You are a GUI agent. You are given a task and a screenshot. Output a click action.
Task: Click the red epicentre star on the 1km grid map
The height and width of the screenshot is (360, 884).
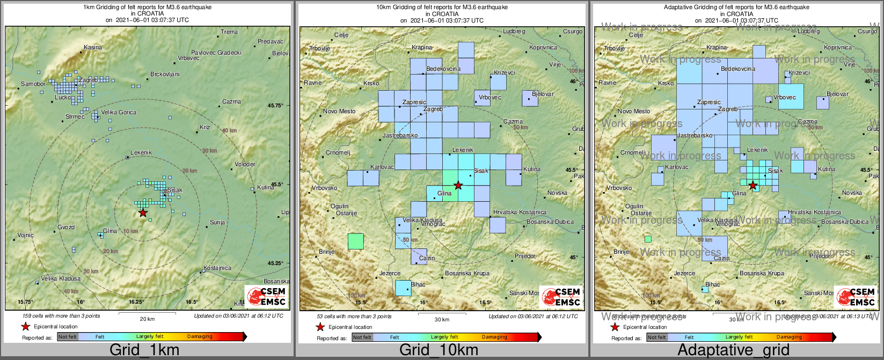(x=142, y=212)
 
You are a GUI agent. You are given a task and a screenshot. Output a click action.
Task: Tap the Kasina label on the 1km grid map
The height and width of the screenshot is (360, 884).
(x=93, y=48)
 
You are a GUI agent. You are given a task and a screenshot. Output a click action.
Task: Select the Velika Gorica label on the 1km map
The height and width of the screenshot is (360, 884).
(x=119, y=113)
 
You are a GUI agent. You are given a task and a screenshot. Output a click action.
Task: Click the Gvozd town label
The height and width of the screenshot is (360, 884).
(x=66, y=227)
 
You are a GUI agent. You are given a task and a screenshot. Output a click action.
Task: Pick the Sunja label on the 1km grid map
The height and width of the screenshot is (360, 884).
(x=217, y=222)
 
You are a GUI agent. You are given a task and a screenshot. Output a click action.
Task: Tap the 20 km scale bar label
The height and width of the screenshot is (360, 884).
(x=147, y=319)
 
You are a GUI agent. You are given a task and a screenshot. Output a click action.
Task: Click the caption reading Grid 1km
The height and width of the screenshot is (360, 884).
(x=144, y=350)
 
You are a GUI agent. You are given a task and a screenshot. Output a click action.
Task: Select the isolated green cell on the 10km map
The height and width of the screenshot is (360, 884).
(x=355, y=241)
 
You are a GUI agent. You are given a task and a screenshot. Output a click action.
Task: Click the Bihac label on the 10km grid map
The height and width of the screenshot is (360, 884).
(x=418, y=284)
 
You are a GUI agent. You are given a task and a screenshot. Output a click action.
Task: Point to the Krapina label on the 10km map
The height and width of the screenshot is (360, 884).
(x=422, y=48)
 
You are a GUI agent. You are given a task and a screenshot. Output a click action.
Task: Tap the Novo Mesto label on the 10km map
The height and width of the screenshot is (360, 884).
(x=339, y=112)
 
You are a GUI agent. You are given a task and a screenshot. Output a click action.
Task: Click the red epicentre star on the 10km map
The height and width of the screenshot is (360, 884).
(x=458, y=186)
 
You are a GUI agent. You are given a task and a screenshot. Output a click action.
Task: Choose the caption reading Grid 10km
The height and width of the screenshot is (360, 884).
(x=439, y=350)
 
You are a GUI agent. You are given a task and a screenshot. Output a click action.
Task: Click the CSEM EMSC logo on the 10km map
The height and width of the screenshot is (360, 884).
(x=560, y=297)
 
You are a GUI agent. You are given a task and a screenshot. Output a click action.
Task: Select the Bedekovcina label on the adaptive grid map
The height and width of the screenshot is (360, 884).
(x=738, y=69)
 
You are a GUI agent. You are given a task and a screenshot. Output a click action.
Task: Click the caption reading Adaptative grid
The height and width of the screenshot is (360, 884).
(x=733, y=350)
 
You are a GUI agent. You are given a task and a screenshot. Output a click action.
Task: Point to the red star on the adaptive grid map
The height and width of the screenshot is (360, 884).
(x=753, y=186)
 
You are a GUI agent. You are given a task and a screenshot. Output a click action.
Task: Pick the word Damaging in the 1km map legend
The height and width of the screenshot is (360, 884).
(x=200, y=337)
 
